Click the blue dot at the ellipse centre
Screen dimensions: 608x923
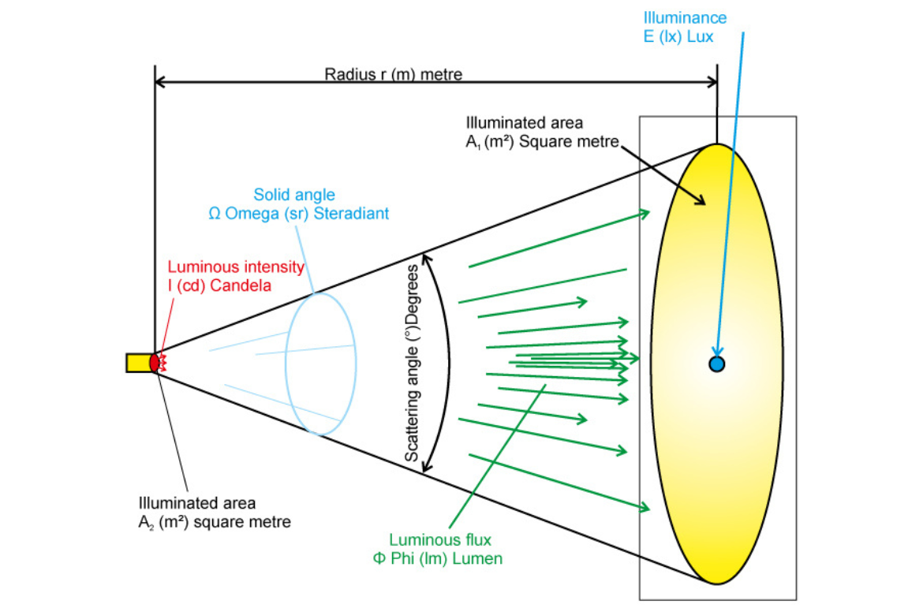coord(716,364)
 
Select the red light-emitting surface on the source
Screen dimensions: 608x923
coord(155,363)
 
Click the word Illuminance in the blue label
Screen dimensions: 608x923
coord(685,17)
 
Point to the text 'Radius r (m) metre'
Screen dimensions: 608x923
coord(393,75)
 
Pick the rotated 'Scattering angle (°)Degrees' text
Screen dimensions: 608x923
coord(412,364)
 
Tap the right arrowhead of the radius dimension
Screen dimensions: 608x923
coord(712,81)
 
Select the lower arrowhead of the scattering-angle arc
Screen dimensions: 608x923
coord(426,468)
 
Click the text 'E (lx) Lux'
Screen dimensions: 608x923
coord(679,37)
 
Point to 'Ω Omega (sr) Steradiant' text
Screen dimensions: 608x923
coord(298,214)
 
